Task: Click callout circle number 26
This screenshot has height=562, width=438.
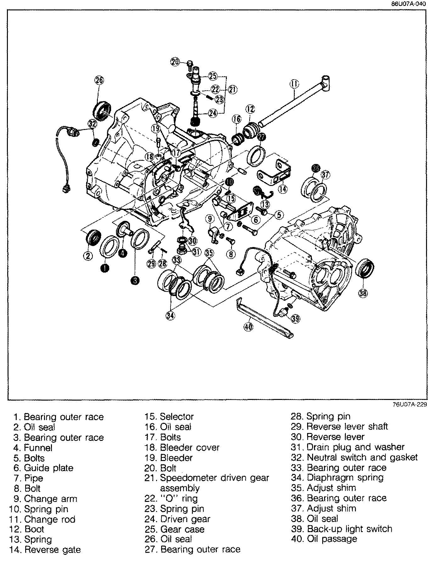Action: (x=99, y=80)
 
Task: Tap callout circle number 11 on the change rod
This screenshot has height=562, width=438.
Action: (x=295, y=84)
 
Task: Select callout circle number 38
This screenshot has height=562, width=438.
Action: (x=363, y=293)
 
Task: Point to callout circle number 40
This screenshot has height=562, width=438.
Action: (x=248, y=327)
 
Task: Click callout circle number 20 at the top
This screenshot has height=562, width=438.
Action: (x=175, y=62)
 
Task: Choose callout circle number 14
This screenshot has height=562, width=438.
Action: (x=283, y=189)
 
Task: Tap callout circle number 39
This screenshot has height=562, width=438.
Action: (x=295, y=319)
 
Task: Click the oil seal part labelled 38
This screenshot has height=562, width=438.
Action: (x=366, y=268)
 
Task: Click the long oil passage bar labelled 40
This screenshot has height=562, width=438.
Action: (x=264, y=318)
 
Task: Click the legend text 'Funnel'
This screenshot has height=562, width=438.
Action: (x=38, y=447)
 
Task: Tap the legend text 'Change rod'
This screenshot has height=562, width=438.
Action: (x=50, y=519)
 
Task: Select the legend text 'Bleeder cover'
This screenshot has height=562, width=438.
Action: (x=190, y=447)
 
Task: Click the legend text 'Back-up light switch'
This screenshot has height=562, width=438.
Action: (x=349, y=529)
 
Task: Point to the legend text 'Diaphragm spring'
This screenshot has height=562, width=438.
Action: (x=345, y=478)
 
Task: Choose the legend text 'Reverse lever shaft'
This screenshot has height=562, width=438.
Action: (x=347, y=427)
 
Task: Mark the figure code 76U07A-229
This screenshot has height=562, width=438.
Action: (x=409, y=405)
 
